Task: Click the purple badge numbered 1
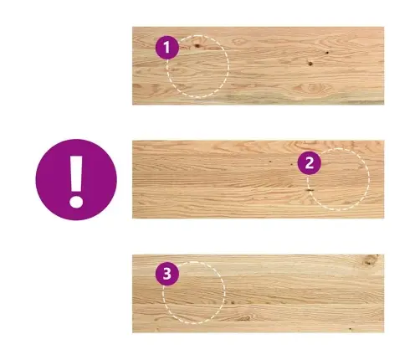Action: [x=167, y=48]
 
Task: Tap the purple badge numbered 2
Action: [x=310, y=163]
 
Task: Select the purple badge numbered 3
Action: [x=167, y=274]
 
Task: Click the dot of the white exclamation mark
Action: [x=76, y=202]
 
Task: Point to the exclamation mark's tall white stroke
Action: [x=76, y=173]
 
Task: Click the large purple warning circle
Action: [x=76, y=180]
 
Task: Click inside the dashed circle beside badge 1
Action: [x=198, y=66]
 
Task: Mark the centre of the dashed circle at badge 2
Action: [x=339, y=179]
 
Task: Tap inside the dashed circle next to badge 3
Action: [x=194, y=293]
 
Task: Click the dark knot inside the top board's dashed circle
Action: [x=197, y=45]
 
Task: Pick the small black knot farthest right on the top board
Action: [x=327, y=53]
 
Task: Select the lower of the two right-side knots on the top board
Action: [x=310, y=64]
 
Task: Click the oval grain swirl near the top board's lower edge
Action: [x=312, y=88]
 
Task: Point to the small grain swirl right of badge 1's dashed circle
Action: [x=238, y=42]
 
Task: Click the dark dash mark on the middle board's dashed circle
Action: [x=309, y=190]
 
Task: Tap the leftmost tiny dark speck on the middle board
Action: [x=270, y=161]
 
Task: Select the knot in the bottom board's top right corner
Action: [x=371, y=260]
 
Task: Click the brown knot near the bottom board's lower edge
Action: [x=245, y=317]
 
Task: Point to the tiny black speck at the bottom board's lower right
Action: [x=351, y=329]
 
